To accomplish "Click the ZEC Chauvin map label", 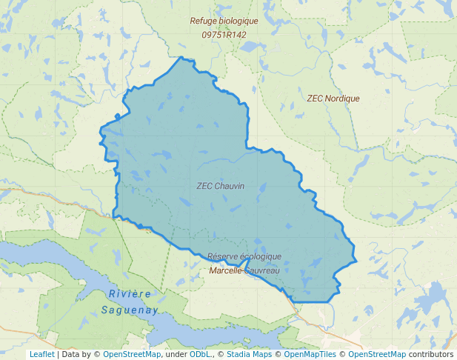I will pos(220,186).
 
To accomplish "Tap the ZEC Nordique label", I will pos(333,99).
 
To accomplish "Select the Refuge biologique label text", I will pos(224,21).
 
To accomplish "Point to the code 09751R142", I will pos(224,35).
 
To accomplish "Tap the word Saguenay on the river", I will pos(130,310).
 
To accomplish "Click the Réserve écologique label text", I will pos(244,257).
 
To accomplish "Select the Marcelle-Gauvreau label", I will pos(244,270).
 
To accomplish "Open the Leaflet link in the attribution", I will pos(41,355).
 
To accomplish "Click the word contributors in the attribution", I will pos(431,355).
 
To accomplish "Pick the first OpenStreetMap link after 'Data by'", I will pos(132,355).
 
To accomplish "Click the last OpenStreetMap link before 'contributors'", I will pos(377,355).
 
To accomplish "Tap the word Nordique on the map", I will pos(341,99).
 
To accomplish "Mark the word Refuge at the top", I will pos(201,21).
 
